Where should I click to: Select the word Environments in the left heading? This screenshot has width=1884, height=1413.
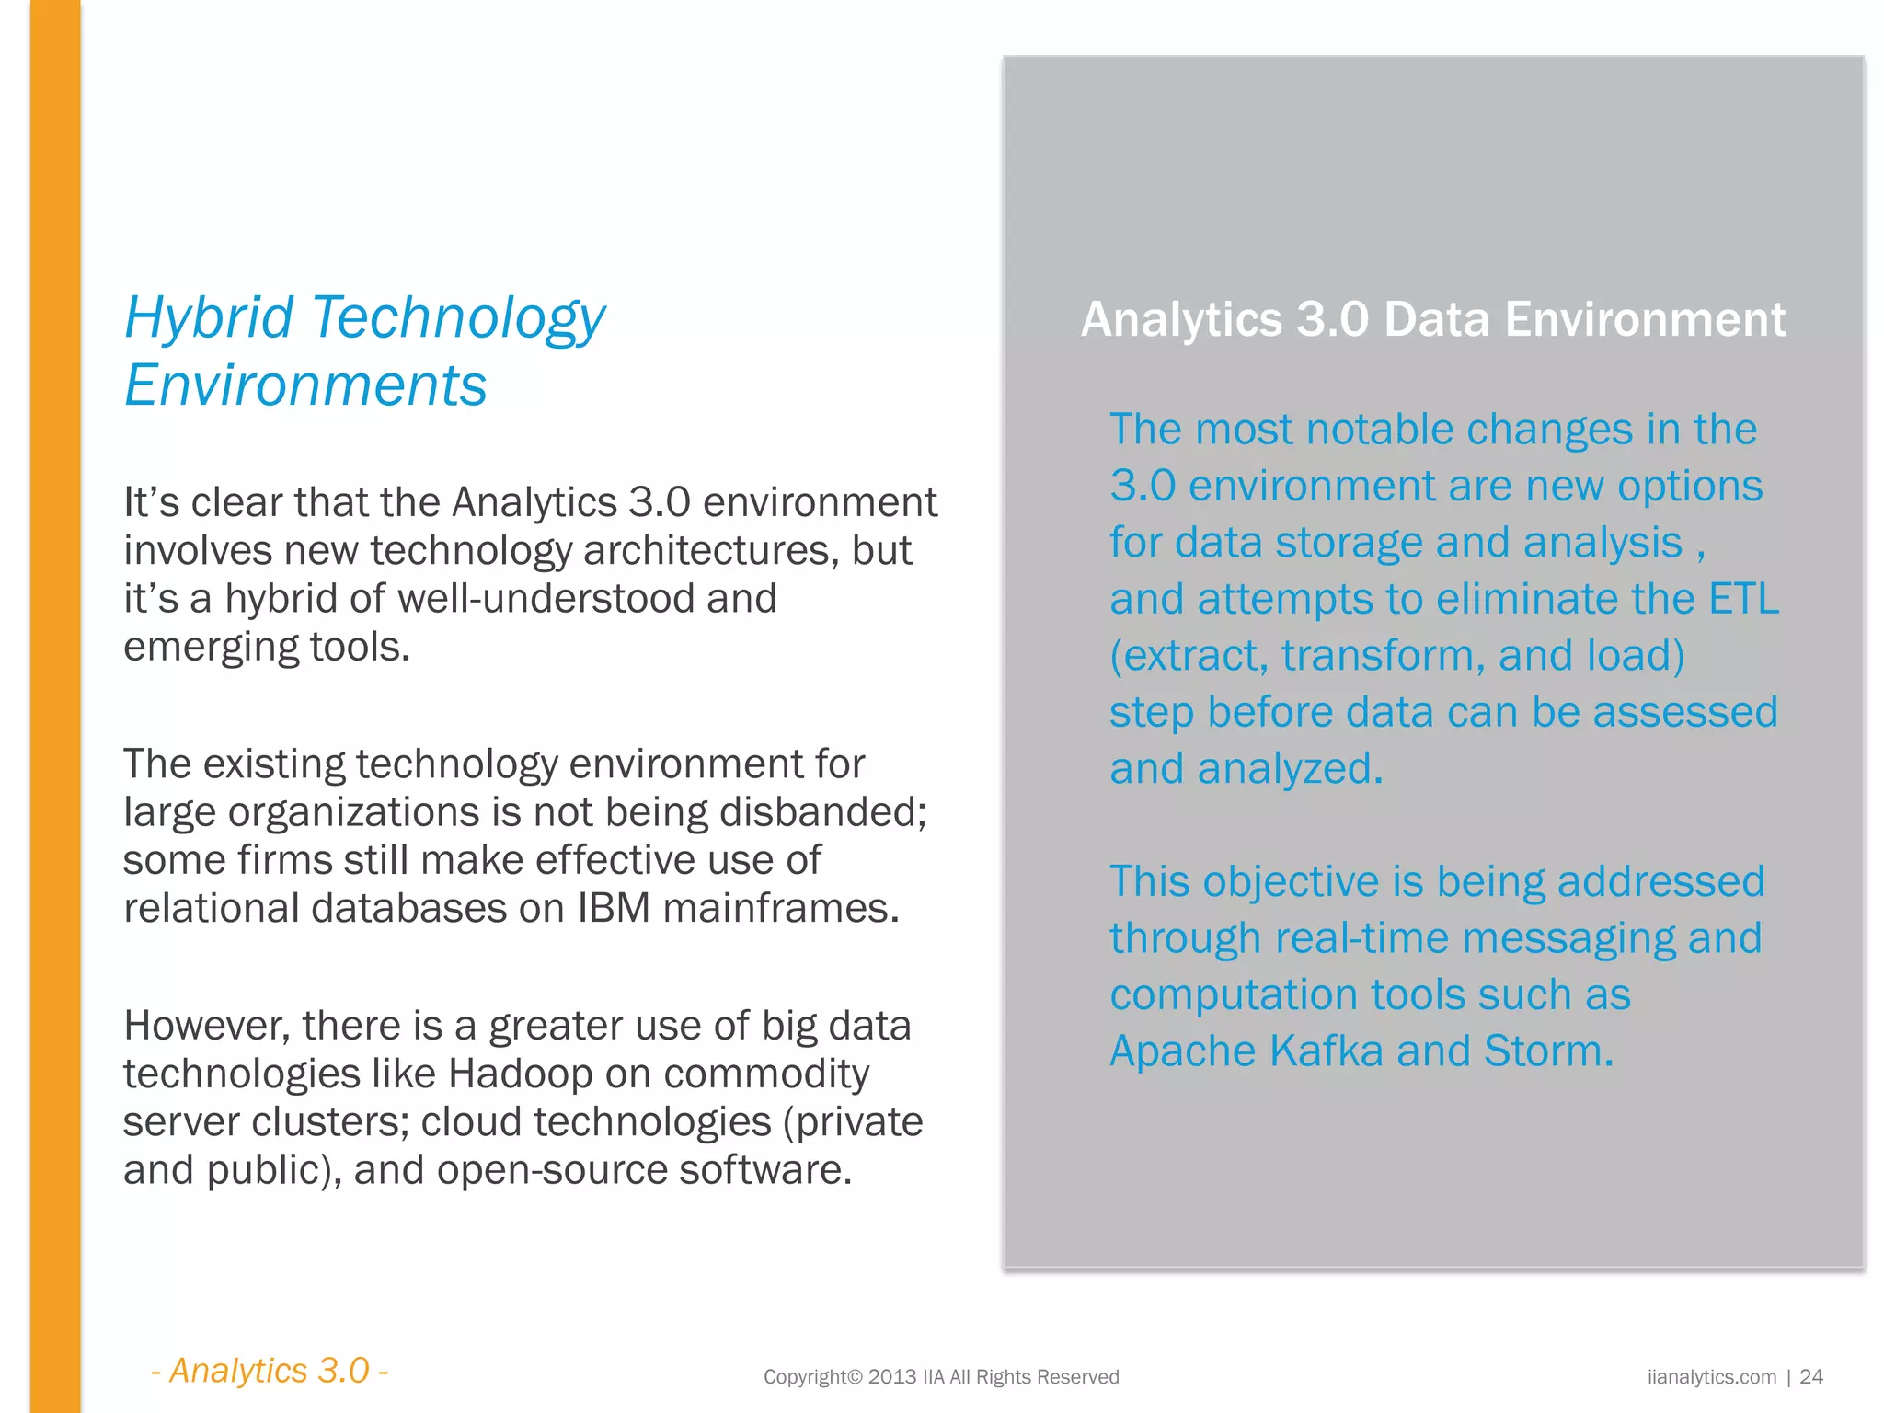coord(305,385)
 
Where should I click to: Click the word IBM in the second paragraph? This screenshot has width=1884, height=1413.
coord(614,908)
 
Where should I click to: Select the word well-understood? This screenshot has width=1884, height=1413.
coord(546,599)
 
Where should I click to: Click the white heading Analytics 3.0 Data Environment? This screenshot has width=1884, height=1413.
coord(1432,319)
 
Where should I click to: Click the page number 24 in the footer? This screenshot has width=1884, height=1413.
coord(1810,1376)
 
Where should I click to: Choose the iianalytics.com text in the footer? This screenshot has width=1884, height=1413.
coord(1711,1376)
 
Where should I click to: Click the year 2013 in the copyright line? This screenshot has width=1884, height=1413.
coord(891,1376)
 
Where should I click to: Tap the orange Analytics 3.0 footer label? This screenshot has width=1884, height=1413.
coord(269,1371)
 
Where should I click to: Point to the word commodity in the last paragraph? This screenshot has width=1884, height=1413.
coord(765,1074)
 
